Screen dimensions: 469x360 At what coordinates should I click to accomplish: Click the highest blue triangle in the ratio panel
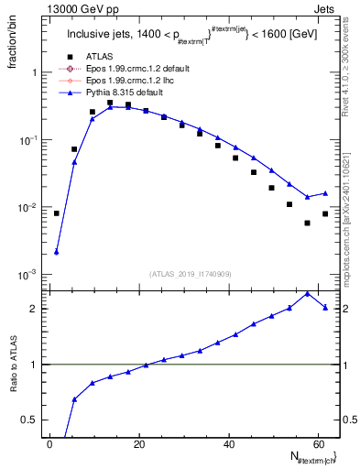(x=307, y=293)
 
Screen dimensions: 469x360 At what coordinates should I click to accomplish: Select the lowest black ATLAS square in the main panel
(x=307, y=223)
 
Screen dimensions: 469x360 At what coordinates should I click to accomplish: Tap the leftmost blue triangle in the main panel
(x=57, y=252)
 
